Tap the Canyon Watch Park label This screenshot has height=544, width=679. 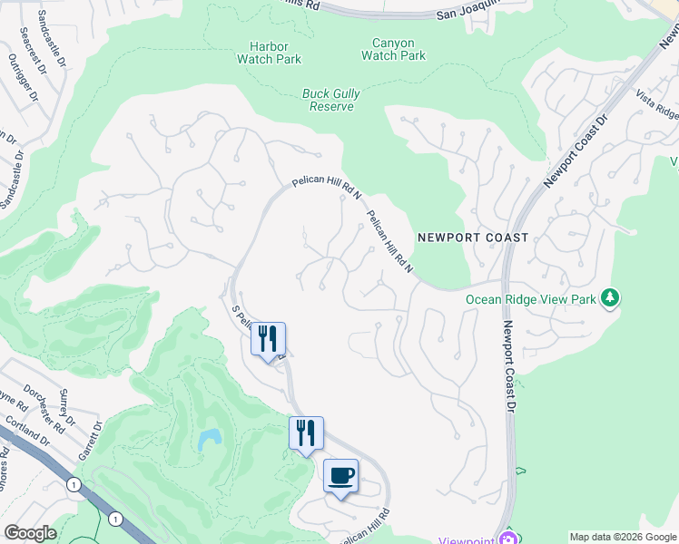[x=393, y=49]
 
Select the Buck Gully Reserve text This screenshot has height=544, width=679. [x=327, y=100]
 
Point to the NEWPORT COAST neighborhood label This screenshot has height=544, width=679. [x=472, y=238]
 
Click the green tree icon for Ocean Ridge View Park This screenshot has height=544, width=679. [x=612, y=297]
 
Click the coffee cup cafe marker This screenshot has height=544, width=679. [x=340, y=476]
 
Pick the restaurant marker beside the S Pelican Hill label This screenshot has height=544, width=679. [x=268, y=339]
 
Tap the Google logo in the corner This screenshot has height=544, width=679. [x=30, y=533]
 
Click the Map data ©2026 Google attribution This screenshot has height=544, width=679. [x=623, y=537]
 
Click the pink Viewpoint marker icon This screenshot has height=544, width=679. [x=506, y=539]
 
